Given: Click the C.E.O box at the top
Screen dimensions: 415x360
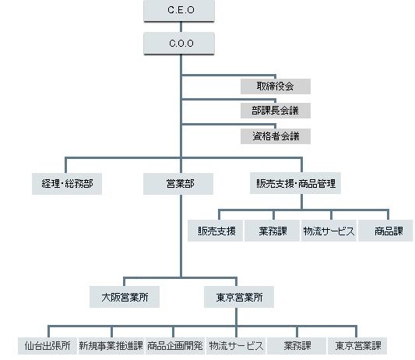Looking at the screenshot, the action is coord(179,10).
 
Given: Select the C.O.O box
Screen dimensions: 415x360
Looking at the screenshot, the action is coord(179,43).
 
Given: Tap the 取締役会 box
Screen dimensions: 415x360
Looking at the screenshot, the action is coord(276,86).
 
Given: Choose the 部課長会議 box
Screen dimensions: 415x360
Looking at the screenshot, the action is coord(276,111).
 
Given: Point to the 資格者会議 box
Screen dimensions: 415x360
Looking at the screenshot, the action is coord(276,136).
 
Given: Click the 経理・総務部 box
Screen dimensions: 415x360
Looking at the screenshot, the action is coord(67,184).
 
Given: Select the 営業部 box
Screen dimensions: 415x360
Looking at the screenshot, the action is coord(178,184).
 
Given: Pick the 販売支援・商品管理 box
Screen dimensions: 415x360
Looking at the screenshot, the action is coord(295,183).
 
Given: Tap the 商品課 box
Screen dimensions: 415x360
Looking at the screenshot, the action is coord(385,231).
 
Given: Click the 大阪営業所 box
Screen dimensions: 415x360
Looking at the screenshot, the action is coord(125,297).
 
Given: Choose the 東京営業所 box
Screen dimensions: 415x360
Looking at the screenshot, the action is coord(239,297).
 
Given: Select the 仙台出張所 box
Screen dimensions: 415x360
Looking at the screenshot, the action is coord(47,346).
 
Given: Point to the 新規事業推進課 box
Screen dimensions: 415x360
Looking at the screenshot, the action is coord(111,346).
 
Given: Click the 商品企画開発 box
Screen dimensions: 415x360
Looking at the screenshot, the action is coord(174,346).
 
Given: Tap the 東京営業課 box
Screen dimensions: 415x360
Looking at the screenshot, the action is coord(357,346).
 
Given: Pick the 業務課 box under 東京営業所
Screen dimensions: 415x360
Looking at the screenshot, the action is coord(297,346).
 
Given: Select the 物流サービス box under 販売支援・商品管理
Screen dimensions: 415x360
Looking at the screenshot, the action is coord(329,231).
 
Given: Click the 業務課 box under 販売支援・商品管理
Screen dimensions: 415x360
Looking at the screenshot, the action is coord(272,231).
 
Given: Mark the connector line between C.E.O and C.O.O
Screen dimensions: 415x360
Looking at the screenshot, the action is coord(181,26).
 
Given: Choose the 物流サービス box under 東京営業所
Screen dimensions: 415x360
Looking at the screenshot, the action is coord(236,346).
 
